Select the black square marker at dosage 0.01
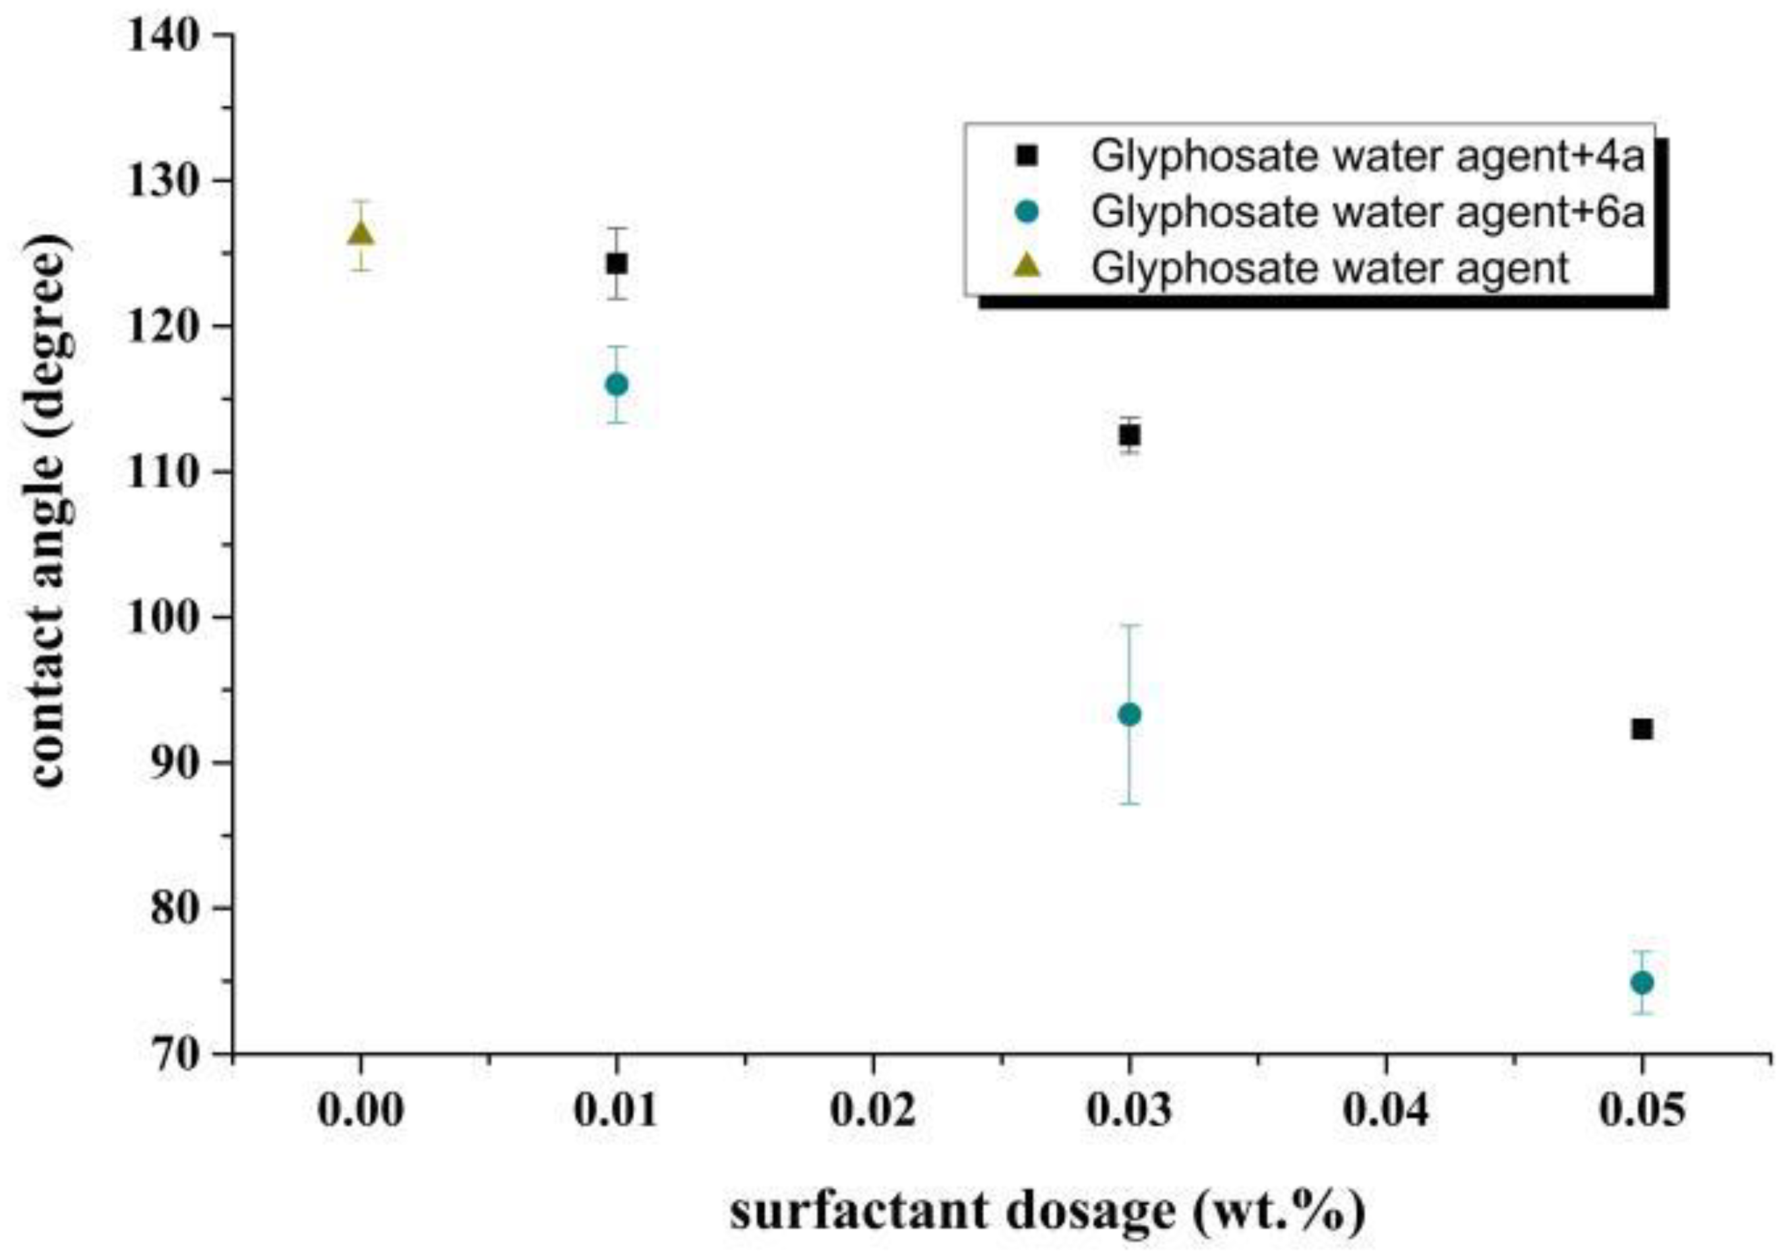617,263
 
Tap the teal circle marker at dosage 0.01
617,385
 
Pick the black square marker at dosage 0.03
1130,435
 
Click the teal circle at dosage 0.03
1130,715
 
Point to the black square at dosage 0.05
1642,729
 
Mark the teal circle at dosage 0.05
1642,982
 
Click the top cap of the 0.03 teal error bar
1130,624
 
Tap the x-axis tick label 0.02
873,1110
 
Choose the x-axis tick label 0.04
1385,1110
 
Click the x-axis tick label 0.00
360,1110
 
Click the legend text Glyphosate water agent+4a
1368,157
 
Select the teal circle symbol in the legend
1027,212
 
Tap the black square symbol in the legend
1027,156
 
